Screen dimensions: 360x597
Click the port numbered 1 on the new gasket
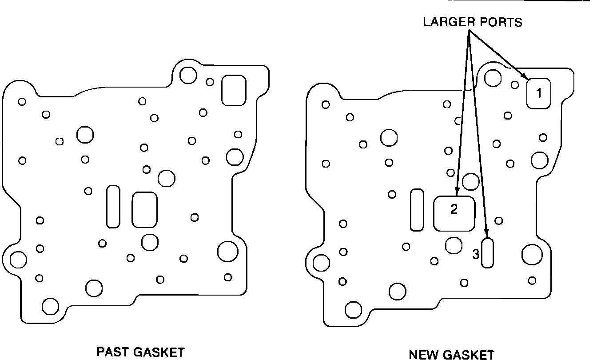(539, 93)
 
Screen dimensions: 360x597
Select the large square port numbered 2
(454, 213)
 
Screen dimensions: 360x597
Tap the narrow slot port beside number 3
(488, 253)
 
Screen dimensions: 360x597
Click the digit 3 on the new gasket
(476, 255)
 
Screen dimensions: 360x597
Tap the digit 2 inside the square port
(454, 209)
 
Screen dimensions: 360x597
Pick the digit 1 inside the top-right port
(539, 93)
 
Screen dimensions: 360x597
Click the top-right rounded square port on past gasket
(234, 90)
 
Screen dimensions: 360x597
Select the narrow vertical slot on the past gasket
(113, 206)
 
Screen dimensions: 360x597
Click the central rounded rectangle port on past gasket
(145, 209)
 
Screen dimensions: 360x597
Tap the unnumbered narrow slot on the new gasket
(417, 210)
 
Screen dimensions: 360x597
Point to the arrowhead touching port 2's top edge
(457, 192)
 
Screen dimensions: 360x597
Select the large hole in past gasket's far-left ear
(18, 260)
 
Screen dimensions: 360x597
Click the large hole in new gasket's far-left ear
(321, 263)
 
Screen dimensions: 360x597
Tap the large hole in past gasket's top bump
(188, 75)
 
